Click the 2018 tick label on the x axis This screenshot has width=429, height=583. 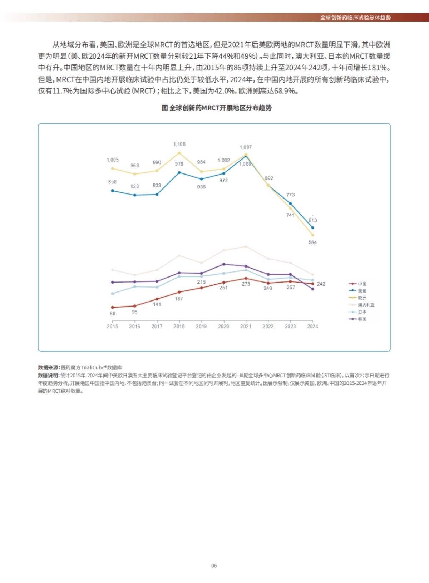(179, 326)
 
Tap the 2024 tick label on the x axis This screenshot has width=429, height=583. (312, 326)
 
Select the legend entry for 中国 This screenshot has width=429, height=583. (362, 284)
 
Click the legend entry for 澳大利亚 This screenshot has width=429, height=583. (366, 305)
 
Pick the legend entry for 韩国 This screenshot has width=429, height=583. (362, 319)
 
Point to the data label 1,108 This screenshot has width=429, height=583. (179, 144)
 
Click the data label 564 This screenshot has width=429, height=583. (312, 242)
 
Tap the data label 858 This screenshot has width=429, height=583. (112, 182)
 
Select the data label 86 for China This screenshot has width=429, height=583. (113, 314)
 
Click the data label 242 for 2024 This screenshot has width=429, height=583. (321, 284)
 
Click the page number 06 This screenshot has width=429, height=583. (214, 565)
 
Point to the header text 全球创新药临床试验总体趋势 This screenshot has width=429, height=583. (355, 18)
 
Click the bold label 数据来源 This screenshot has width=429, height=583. (48, 367)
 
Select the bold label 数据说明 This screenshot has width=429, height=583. (48, 375)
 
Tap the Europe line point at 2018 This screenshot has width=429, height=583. (179, 153)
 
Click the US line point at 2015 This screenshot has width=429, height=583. (113, 191)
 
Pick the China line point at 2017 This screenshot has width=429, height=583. (157, 299)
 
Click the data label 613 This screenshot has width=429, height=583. (312, 220)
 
